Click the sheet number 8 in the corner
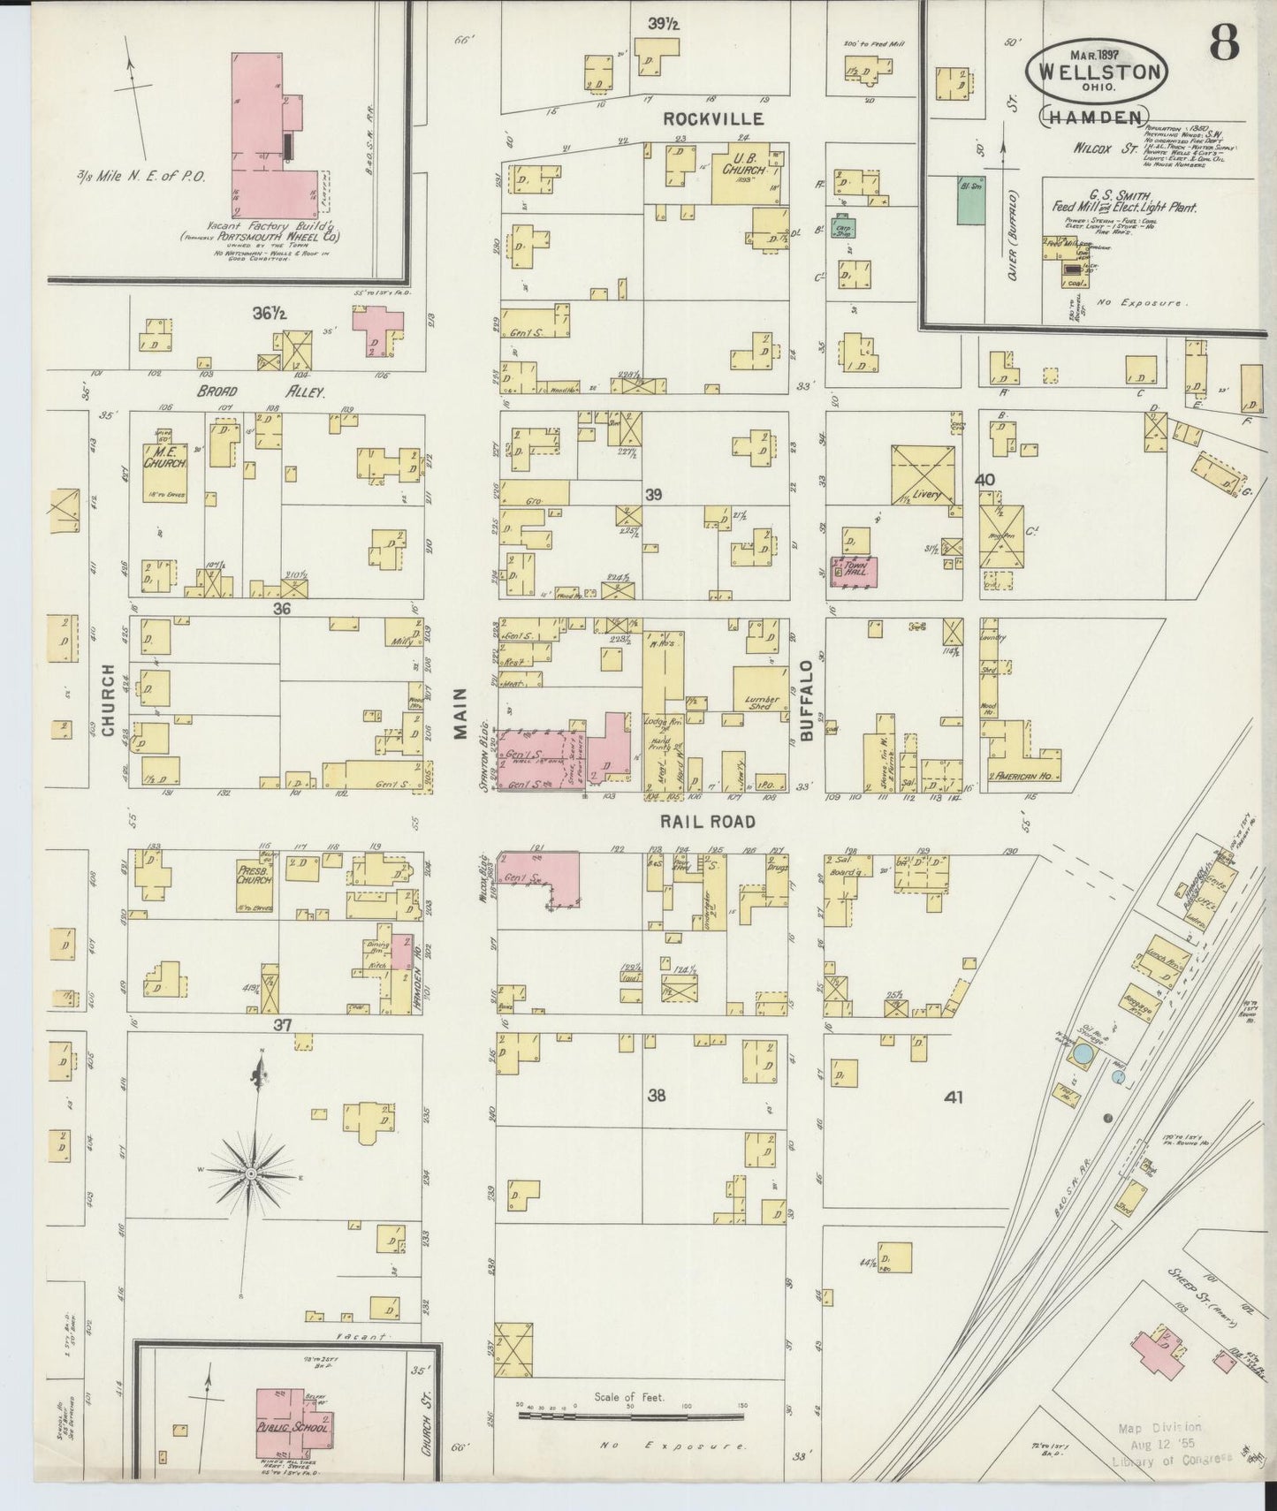point(1223,42)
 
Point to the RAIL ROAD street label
point(709,822)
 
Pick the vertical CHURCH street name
point(108,700)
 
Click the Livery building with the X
point(924,475)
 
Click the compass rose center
point(252,1172)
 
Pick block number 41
point(953,1097)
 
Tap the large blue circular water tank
point(1083,1053)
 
